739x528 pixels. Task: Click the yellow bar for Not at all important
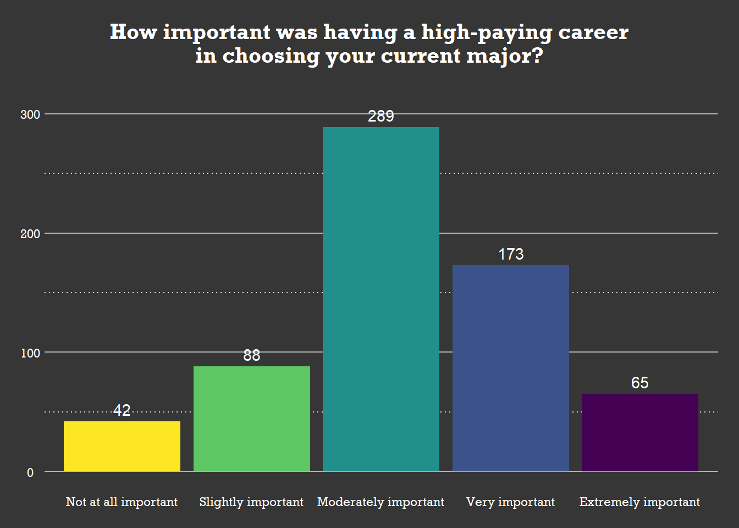[122, 446]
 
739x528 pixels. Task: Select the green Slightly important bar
[252, 419]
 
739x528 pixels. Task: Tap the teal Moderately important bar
[381, 299]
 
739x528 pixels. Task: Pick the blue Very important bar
[511, 368]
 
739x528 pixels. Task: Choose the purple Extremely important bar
[640, 432]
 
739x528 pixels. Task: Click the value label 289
[381, 116]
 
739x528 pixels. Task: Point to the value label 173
[511, 254]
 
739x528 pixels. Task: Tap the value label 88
[252, 355]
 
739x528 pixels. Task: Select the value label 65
[640, 383]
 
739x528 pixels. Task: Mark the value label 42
[122, 410]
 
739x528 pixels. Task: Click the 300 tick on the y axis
[30, 114]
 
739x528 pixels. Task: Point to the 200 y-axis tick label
[30, 234]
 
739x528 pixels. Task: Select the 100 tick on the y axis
[30, 353]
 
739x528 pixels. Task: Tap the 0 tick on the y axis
[30, 472]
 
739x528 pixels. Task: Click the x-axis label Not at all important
[122, 502]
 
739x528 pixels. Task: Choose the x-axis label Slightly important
[251, 502]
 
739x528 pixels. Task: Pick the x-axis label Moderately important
[380, 502]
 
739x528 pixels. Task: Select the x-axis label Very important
[510, 502]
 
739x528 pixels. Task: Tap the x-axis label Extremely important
[639, 502]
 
